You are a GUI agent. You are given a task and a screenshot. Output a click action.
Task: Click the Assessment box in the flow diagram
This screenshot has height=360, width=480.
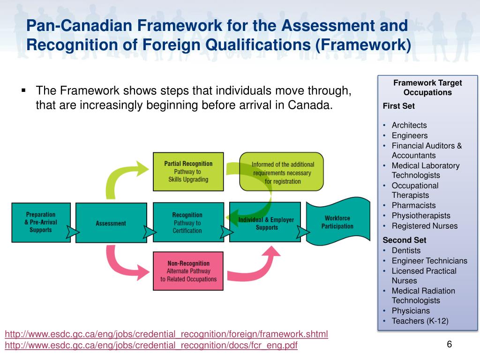pos(111,223)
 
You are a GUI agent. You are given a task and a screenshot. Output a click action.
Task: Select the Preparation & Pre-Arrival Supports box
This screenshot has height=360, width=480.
pos(41,222)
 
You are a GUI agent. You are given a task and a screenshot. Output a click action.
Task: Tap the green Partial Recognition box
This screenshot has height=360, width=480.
pos(188,171)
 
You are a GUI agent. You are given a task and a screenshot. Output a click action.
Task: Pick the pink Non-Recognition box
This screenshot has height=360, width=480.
pos(188,271)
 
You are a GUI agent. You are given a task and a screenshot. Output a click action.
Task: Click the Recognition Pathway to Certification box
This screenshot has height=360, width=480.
pos(187,222)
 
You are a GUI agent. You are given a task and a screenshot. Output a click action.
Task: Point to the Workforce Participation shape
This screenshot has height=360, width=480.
pos(337,222)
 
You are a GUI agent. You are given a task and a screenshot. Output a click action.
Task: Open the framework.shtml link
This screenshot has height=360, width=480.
pos(166,334)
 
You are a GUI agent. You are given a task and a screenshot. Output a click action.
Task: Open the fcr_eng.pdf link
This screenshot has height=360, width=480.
pos(151,345)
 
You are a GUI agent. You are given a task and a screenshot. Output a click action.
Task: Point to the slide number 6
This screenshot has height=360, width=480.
pos(449,345)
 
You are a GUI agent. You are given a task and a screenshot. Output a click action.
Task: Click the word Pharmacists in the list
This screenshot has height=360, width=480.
pos(413,205)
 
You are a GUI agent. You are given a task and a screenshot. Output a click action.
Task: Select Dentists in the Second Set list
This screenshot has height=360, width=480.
pos(406,250)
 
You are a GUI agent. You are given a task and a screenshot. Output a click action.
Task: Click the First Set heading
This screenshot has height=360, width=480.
pos(398,106)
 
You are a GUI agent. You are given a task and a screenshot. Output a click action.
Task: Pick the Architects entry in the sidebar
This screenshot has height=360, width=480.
pos(409,125)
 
